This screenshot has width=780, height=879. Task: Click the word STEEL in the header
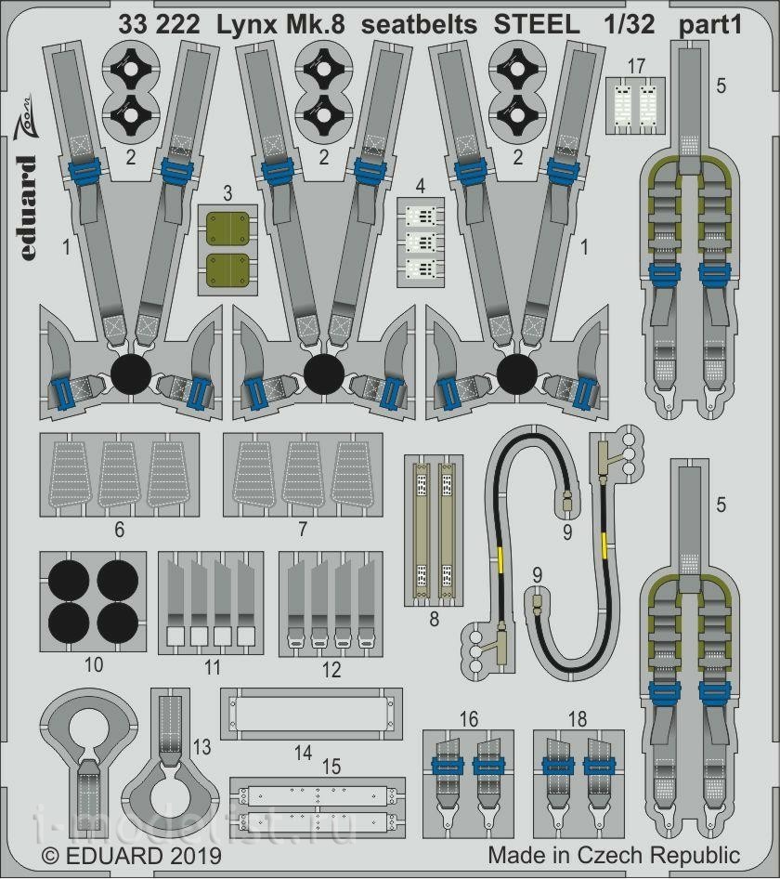coord(537,25)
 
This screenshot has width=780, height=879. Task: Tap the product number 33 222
coord(159,25)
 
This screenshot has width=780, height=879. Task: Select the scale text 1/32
coord(630,25)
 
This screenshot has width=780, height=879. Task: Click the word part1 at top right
coord(710,26)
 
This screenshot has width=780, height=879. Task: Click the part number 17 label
coord(636,66)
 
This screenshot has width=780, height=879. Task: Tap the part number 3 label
coord(227,193)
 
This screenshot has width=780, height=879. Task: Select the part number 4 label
coord(421,186)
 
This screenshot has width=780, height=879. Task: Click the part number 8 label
coord(434,619)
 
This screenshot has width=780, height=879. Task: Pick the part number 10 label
coord(94,665)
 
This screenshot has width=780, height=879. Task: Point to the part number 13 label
coord(201,747)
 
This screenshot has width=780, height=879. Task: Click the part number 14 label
coord(303,753)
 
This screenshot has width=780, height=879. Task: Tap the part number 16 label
coord(468,718)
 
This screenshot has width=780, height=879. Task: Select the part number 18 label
coord(578,718)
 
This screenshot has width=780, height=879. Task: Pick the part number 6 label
coord(120,530)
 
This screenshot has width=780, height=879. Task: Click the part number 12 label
coord(331,669)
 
